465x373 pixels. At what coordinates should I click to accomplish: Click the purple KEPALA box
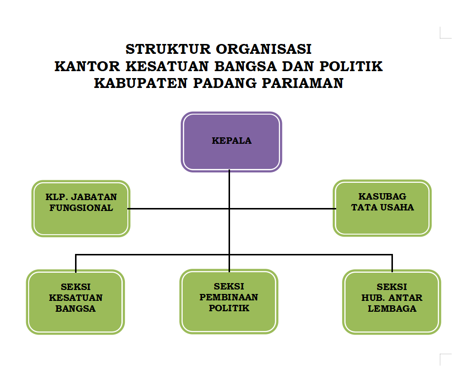(x=232, y=142)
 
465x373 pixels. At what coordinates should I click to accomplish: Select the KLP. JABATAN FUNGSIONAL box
(x=81, y=208)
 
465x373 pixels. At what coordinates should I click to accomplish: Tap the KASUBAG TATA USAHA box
(x=382, y=207)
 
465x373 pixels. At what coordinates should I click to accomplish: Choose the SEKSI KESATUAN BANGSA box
(x=76, y=302)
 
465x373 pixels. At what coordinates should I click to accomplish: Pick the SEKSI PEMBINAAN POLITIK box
(x=229, y=301)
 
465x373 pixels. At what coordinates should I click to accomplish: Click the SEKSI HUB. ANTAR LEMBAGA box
(x=392, y=302)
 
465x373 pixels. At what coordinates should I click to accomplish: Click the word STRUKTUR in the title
(x=168, y=49)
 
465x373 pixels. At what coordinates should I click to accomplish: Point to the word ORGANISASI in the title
(x=264, y=49)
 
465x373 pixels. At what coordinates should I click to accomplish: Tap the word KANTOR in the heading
(x=87, y=66)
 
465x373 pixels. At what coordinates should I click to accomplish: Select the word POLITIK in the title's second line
(x=351, y=66)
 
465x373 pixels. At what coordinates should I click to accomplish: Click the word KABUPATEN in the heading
(x=141, y=83)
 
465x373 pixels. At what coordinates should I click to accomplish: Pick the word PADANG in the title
(x=225, y=83)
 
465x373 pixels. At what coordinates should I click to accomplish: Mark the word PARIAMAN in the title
(x=303, y=83)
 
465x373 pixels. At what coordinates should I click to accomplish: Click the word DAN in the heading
(x=298, y=66)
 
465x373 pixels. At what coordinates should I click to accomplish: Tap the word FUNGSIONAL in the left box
(x=81, y=207)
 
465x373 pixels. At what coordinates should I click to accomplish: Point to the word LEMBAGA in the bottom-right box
(x=392, y=309)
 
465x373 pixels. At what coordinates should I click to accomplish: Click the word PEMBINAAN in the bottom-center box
(x=229, y=297)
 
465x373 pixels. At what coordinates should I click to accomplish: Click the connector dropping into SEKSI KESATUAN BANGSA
(x=76, y=263)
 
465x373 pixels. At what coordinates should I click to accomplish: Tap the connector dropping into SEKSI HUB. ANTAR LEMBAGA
(x=392, y=263)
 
